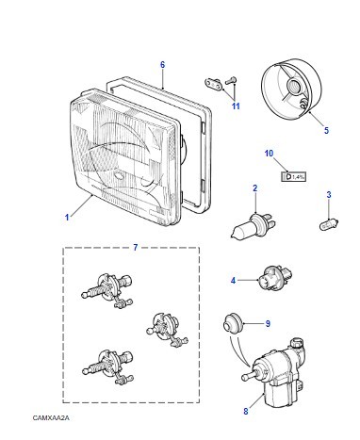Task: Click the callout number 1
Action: pyautogui.click(x=67, y=217)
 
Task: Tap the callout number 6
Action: pyautogui.click(x=162, y=65)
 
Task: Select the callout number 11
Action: pyautogui.click(x=236, y=106)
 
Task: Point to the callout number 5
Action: pyautogui.click(x=326, y=130)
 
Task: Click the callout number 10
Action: pyautogui.click(x=269, y=154)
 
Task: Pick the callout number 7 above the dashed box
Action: pyautogui.click(x=135, y=248)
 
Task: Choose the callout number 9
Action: pyautogui.click(x=268, y=323)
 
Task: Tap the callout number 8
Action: pyautogui.click(x=246, y=411)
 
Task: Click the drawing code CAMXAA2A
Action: pyautogui.click(x=51, y=418)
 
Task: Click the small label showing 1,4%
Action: pyautogui.click(x=293, y=177)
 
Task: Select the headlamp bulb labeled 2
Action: pyautogui.click(x=254, y=227)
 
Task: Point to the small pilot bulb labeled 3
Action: pyautogui.click(x=329, y=225)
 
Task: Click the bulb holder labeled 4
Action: pyautogui.click(x=274, y=277)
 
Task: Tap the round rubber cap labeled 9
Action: pyautogui.click(x=233, y=323)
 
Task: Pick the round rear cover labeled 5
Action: pyautogui.click(x=292, y=89)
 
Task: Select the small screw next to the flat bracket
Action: pyautogui.click(x=231, y=81)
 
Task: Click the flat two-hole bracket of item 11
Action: pyautogui.click(x=213, y=84)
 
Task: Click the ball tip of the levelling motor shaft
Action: pyautogui.click(x=244, y=377)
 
